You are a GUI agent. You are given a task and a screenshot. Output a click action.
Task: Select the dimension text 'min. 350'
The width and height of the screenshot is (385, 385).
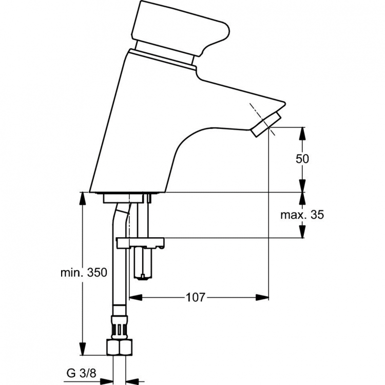tap(83, 273)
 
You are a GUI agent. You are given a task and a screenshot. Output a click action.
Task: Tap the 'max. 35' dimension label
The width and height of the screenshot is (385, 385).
tap(302, 215)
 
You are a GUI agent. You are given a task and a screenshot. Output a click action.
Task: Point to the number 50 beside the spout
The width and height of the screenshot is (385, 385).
tap(302, 159)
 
